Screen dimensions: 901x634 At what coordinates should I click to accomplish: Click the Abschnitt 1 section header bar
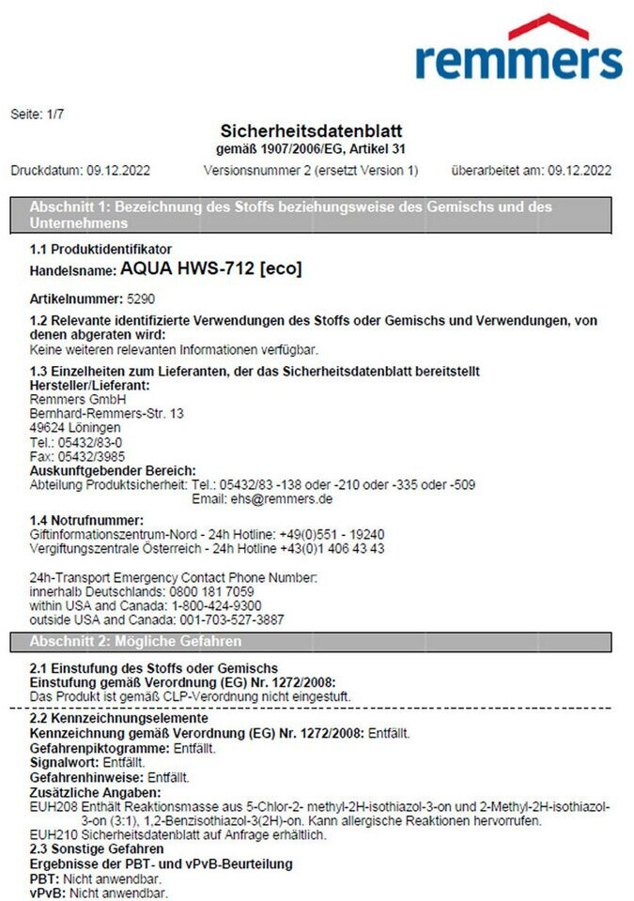point(317,215)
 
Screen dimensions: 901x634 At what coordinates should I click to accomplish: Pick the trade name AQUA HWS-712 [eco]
point(211,269)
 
